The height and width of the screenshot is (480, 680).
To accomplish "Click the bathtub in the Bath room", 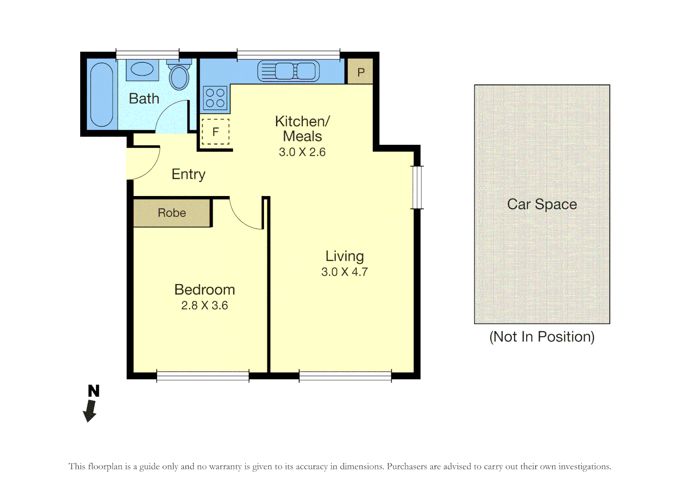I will pos(101,95).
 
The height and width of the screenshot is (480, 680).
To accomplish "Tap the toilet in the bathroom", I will pos(179,76).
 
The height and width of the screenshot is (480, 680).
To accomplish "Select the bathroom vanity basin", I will pos(142,70).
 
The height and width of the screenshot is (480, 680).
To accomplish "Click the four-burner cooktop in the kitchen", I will pos(215,98).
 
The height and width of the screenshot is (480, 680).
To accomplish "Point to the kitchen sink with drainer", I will pos(288,71).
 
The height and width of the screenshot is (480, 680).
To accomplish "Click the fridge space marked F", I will pos(215,132).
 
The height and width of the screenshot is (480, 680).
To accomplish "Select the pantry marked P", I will pos(360,72).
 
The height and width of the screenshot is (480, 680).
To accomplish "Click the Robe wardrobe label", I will pos(172,213).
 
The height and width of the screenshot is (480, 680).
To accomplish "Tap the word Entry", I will pos(188,174).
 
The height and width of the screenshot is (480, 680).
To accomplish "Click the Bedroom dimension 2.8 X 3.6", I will pos(204,305).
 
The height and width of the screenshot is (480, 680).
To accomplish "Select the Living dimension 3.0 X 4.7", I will pos(344,272).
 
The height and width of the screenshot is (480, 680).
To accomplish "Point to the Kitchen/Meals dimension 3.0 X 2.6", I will pos(302,152).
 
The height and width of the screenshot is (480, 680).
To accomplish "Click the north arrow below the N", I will pos(90,410).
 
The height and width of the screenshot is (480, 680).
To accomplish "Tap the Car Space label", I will pos(542,204).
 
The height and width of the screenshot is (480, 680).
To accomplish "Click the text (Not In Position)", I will pos(542,337).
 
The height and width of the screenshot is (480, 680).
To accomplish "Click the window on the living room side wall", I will pos(417,187).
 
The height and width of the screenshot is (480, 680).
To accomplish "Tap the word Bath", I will pos(144,99).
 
